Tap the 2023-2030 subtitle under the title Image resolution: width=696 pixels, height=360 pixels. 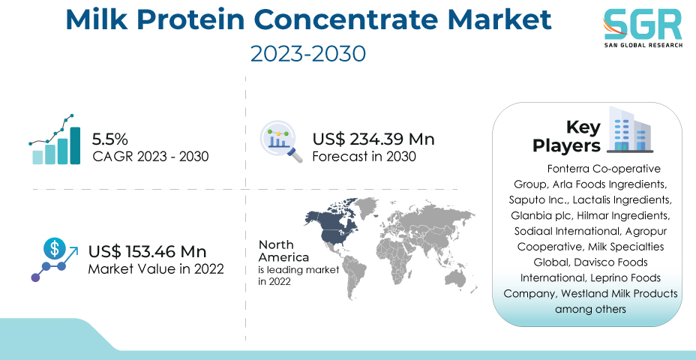click(x=308, y=54)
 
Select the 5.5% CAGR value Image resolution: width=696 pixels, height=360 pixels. click(x=109, y=139)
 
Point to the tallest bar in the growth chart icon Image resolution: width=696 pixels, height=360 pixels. click(x=75, y=145)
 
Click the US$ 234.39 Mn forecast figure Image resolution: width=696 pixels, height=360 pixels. click(x=373, y=139)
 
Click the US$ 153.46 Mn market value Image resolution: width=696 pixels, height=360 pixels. click(x=147, y=252)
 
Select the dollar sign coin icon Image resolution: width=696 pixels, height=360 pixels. click(x=55, y=248)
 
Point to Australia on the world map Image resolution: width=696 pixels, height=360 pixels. click(x=454, y=280)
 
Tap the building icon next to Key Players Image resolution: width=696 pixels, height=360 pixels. click(x=629, y=129)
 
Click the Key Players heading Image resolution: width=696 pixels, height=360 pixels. click(x=566, y=136)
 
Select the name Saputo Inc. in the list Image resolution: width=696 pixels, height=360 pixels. click(x=538, y=199)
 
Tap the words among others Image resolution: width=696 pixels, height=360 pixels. click(x=590, y=309)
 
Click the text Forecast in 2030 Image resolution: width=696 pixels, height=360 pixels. click(x=364, y=157)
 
